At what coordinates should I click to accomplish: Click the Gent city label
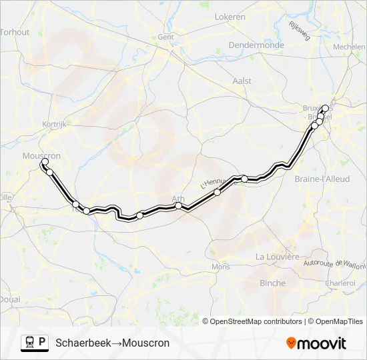[165, 37]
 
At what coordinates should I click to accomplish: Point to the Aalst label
[242, 81]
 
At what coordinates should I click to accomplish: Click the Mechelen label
[349, 48]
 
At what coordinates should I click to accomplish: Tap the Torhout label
[15, 31]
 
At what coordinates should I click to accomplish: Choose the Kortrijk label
[52, 124]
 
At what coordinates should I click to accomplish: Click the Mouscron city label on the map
[42, 156]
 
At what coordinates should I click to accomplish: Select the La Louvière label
[277, 257]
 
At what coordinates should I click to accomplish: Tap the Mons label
[220, 267]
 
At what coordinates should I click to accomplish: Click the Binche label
[272, 283]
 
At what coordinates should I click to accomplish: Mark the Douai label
[10, 299]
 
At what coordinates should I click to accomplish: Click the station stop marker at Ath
[179, 206]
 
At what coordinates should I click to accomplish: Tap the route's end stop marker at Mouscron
[45, 162]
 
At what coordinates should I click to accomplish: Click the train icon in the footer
[29, 343]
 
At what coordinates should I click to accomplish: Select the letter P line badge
[43, 343]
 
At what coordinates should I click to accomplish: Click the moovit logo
[316, 343]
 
